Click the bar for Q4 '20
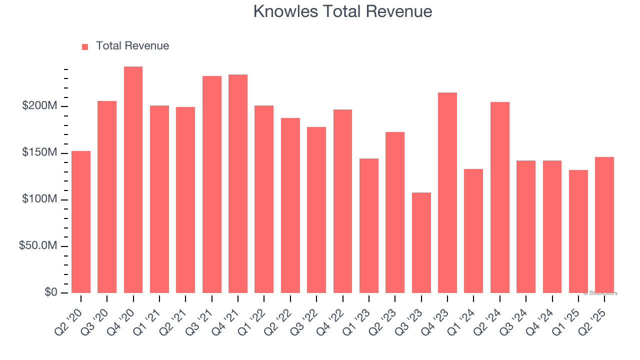point(133,180)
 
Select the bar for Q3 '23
point(421,243)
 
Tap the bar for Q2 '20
point(81,222)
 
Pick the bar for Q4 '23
point(447,193)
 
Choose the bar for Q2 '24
point(499,197)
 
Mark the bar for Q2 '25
point(604,225)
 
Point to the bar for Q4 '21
point(238,184)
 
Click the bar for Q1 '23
point(368,226)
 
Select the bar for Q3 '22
point(316,210)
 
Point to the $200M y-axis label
point(39,106)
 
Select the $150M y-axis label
point(39,152)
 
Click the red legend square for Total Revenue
point(85,46)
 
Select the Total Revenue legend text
point(132,46)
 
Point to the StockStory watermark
point(601,293)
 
